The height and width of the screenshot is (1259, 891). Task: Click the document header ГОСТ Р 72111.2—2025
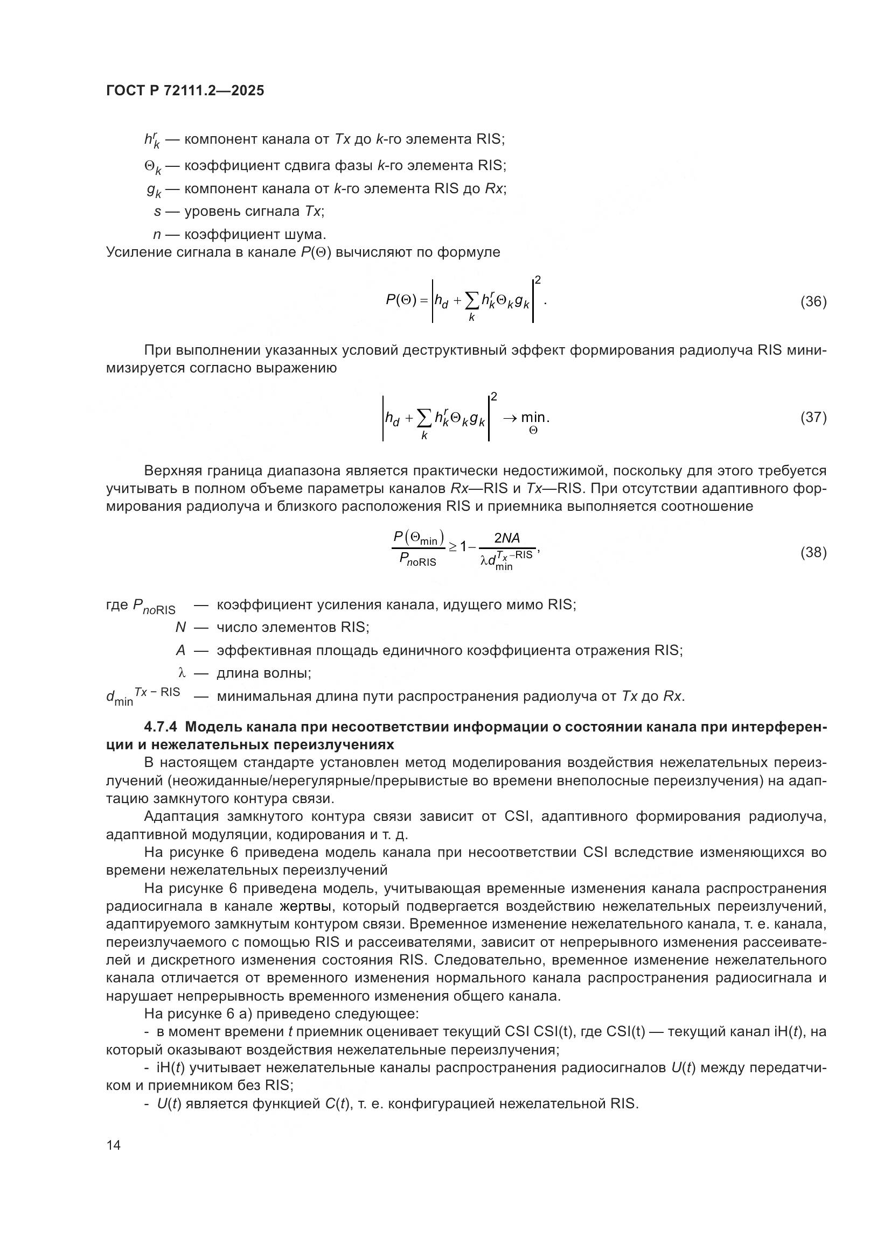click(185, 90)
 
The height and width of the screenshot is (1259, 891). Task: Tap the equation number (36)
click(813, 301)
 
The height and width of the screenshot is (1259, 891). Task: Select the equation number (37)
click(813, 417)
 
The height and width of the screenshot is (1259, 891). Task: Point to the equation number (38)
click(813, 552)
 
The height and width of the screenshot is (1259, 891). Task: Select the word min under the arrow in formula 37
click(533, 418)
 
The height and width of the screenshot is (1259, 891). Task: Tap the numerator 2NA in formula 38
click(506, 538)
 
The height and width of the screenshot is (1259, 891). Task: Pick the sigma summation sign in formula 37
click(424, 419)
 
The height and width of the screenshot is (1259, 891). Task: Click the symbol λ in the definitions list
click(182, 673)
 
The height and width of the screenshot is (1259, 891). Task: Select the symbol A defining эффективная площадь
click(180, 650)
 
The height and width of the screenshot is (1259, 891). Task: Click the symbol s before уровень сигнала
click(157, 211)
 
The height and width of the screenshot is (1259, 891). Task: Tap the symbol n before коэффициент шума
click(157, 235)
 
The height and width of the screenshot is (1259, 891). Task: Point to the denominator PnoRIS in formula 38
click(417, 560)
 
